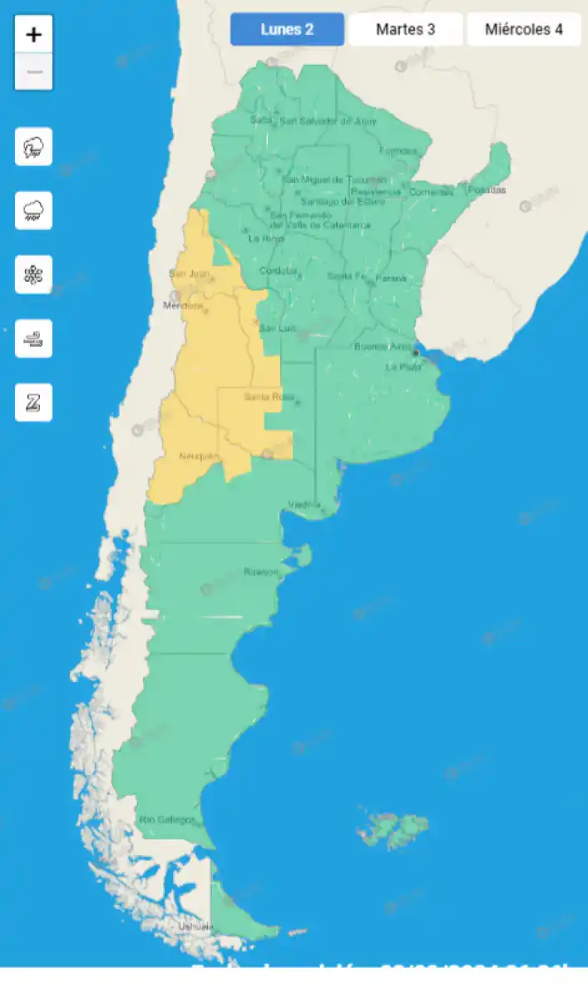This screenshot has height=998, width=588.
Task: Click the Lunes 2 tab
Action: click(287, 30)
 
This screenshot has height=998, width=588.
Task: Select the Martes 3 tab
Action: click(405, 30)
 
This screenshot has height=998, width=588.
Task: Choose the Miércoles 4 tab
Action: click(523, 30)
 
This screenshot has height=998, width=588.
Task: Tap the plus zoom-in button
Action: click(33, 35)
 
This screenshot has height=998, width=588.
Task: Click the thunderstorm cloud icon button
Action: click(33, 147)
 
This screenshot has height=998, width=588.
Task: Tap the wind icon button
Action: click(33, 338)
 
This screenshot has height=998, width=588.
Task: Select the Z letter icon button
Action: click(33, 403)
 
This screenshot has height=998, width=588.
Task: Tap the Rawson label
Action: click(260, 571)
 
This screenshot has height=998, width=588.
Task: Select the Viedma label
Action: click(304, 504)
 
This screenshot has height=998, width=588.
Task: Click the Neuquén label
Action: click(199, 456)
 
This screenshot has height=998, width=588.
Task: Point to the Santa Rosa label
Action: click(264, 397)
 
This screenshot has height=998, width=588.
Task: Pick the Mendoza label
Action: click(182, 305)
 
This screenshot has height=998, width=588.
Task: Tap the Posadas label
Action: click(487, 190)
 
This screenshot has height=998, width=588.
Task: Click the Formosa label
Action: click(398, 151)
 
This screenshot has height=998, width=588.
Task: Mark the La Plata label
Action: click(403, 367)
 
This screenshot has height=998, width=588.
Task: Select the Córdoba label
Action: click(277, 270)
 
